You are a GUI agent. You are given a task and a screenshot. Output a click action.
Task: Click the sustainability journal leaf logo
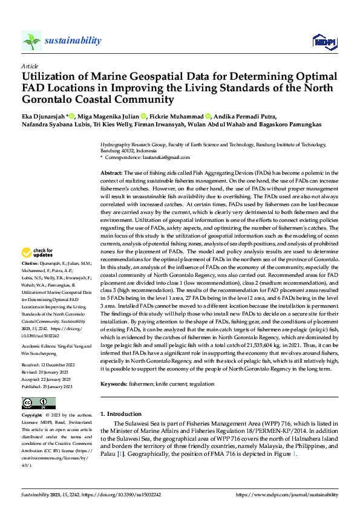click(31, 41)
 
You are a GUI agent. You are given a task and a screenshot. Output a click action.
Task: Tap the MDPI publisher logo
click(324, 41)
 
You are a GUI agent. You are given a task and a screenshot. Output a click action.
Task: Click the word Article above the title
click(30, 65)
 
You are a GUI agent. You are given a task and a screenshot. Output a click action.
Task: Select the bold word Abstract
click(111, 173)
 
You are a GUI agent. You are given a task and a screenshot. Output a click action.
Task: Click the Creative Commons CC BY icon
click(38, 403)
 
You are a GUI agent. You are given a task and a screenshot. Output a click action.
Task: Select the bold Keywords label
click(114, 384)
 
